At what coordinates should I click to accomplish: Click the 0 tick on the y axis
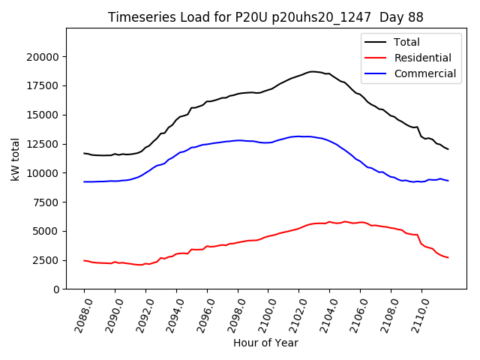pos(56,289)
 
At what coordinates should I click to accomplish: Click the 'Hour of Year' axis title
pos(265,343)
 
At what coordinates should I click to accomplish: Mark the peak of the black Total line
pos(313,72)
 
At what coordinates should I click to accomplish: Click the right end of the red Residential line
pos(448,258)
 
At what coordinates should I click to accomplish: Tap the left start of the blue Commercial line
pos(84,181)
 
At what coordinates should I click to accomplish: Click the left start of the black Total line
pos(84,153)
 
